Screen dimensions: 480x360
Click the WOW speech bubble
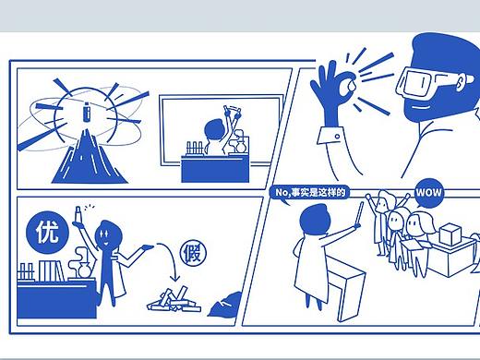tap(428, 193)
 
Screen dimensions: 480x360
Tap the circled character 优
tap(47, 233)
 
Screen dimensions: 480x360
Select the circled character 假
tap(193, 253)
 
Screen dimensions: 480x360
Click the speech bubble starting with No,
tap(309, 193)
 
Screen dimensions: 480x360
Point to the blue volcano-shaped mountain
tap(90, 159)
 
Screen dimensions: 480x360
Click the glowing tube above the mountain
tap(87, 112)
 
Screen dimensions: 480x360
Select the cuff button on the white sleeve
tap(337, 136)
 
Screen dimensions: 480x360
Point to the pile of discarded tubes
tap(174, 300)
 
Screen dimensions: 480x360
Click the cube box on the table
tap(450, 234)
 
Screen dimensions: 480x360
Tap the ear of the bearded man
tap(461, 82)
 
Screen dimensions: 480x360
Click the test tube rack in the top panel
tap(195, 149)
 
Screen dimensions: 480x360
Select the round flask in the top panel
tap(240, 146)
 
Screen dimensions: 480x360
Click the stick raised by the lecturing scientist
tap(359, 213)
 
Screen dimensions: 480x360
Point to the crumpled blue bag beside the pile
tap(224, 306)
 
